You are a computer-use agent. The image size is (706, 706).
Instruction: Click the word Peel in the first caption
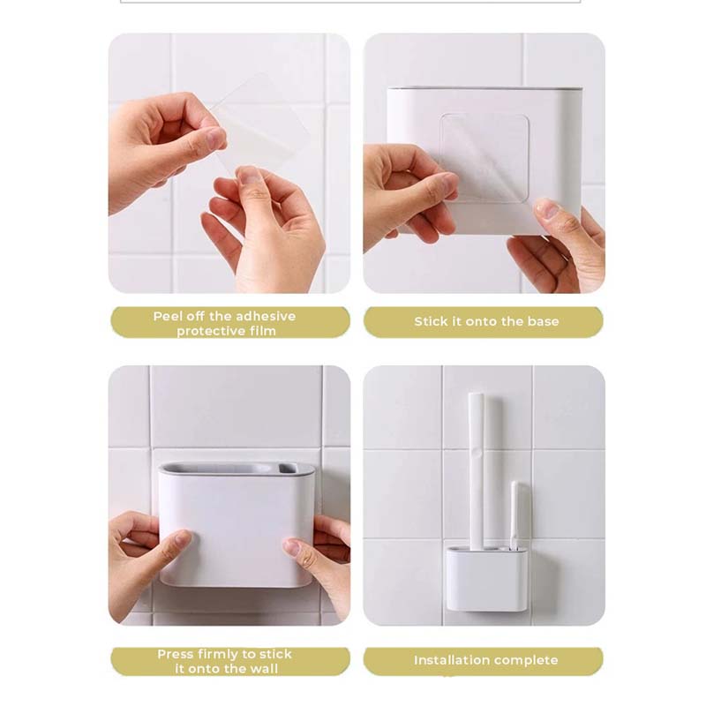169,316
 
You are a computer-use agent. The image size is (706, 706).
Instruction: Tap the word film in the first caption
261,331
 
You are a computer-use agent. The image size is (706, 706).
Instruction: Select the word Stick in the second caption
432,322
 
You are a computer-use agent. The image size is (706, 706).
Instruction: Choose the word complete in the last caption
527,660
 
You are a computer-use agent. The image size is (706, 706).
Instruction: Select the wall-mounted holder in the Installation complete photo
485,578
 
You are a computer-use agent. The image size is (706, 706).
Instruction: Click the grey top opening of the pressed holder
237,469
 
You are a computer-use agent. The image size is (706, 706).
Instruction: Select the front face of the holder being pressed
237,529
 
